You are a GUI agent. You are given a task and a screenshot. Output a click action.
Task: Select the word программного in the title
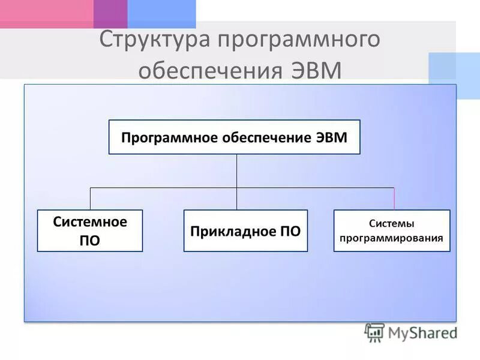[x=299, y=40]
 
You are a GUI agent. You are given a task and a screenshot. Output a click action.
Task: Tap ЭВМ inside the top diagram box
[x=331, y=137]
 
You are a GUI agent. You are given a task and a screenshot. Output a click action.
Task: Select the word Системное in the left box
[x=90, y=222]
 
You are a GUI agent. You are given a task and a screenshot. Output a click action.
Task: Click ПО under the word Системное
[x=90, y=240]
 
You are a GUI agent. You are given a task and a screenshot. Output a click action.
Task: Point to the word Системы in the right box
[x=391, y=224]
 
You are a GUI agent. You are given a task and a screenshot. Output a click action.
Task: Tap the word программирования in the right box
[x=391, y=238]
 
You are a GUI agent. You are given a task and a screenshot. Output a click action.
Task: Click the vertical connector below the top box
[x=236, y=171]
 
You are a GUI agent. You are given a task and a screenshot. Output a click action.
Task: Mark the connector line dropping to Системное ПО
[x=91, y=199]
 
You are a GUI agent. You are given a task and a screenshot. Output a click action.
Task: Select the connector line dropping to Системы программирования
[x=394, y=199]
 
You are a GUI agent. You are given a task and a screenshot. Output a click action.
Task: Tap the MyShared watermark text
[x=422, y=333]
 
